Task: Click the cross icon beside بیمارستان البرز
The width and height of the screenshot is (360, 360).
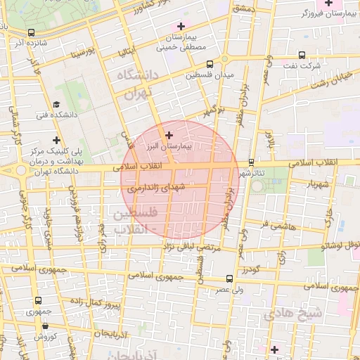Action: (x=169, y=134)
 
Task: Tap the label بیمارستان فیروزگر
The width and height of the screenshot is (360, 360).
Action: (x=324, y=13)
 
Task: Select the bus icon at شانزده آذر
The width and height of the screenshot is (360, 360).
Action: (x=31, y=32)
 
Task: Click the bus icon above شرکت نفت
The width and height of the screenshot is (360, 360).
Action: (x=302, y=55)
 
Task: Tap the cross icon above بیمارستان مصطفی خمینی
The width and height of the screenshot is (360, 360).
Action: (x=181, y=25)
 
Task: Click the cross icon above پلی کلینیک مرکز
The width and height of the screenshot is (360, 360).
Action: (x=56, y=140)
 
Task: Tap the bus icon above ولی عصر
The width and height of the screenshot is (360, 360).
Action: (x=230, y=279)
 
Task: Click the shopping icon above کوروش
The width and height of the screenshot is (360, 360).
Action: (x=45, y=326)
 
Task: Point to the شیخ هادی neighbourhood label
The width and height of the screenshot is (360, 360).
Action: (x=292, y=314)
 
